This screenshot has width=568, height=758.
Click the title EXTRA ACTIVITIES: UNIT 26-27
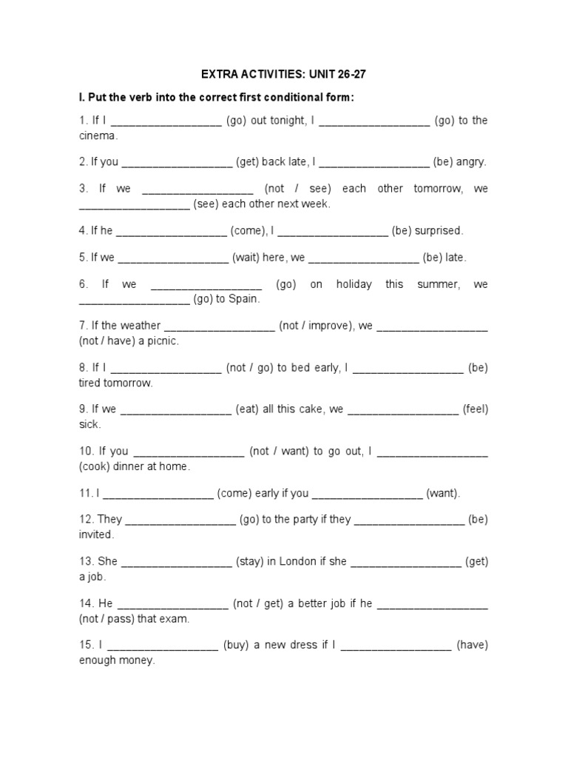283,75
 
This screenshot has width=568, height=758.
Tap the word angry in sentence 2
471,161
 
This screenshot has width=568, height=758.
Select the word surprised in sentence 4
439,230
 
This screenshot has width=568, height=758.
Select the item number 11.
84,493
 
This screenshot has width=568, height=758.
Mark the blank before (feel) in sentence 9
403,410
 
